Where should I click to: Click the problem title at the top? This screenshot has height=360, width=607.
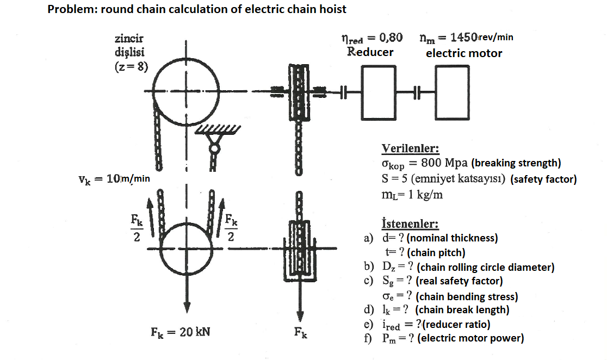(197, 9)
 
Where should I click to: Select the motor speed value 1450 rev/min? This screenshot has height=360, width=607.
(467, 38)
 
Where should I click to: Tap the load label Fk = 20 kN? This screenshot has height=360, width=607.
(180, 332)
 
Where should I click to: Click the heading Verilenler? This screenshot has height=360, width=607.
(410, 148)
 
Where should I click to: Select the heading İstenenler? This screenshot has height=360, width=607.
(410, 224)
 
